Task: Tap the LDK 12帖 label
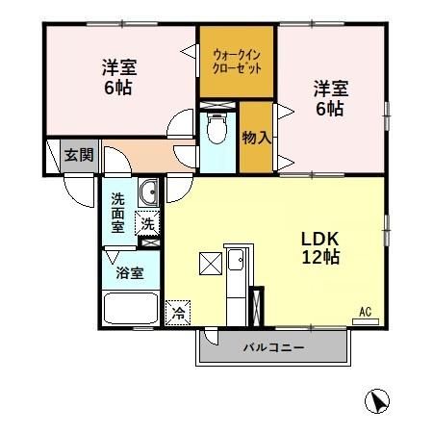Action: click(x=320, y=246)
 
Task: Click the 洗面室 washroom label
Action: click(x=117, y=213)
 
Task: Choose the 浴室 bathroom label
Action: click(x=131, y=273)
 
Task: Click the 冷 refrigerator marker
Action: click(x=178, y=311)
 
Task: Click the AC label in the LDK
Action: click(x=366, y=310)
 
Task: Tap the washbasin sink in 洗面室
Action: click(x=148, y=195)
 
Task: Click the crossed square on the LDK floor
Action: click(x=209, y=263)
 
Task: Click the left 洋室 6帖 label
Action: click(x=119, y=76)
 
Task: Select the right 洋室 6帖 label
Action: click(x=330, y=98)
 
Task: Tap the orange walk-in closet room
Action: click(x=237, y=62)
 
